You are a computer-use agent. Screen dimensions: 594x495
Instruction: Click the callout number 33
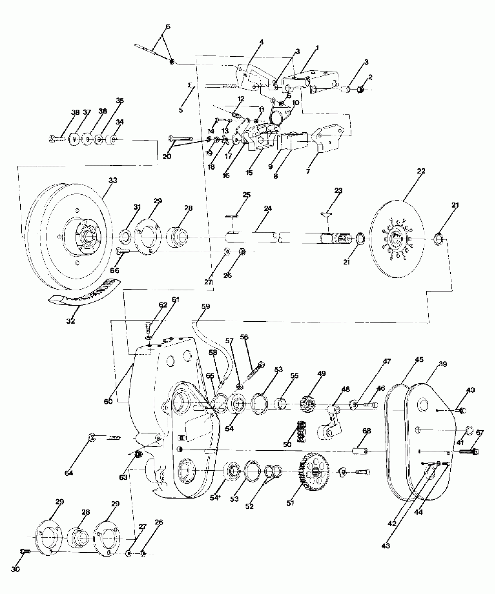(x=113, y=180)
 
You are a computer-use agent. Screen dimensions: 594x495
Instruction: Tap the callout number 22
(x=421, y=171)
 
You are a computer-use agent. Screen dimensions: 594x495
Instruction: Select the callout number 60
(x=108, y=402)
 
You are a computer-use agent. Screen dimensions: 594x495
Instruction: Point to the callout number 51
(x=290, y=503)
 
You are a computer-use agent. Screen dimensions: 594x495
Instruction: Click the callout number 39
(x=443, y=364)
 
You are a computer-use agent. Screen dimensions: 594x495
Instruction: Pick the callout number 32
(x=70, y=321)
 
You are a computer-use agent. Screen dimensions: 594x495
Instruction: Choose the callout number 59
(x=206, y=306)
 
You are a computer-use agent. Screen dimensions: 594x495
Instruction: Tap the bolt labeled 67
(x=469, y=452)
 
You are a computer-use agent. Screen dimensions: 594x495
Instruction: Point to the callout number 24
(x=268, y=208)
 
